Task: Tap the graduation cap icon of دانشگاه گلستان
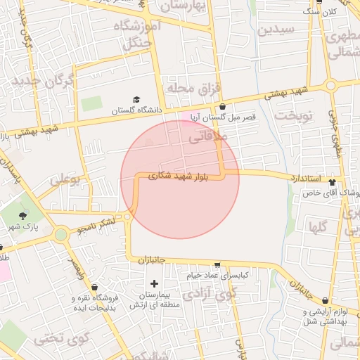[136, 100]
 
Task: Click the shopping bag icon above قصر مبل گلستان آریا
[223, 107]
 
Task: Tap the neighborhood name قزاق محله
[193, 88]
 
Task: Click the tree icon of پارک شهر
[24, 216]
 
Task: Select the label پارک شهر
[23, 228]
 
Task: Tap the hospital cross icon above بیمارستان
[154, 283]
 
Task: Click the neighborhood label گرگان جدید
[41, 82]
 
